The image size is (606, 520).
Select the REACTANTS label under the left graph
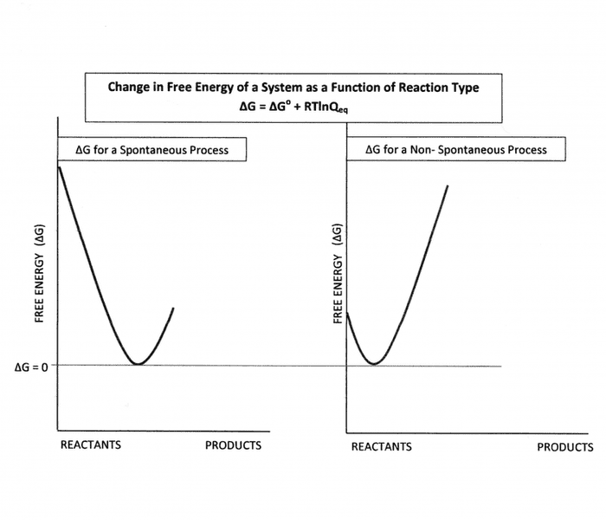tap(91, 445)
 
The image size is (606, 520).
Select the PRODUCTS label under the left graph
tap(233, 445)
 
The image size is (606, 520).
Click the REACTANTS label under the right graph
tap(382, 447)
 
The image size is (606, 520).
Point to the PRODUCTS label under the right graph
tap(565, 447)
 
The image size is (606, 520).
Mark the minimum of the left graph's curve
tap(137, 364)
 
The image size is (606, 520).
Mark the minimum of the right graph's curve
tap(373, 364)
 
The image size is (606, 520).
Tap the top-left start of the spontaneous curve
tap(58, 165)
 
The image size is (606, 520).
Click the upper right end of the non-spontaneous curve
tap(448, 185)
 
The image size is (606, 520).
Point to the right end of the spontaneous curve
tap(174, 308)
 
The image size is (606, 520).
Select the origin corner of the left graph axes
tap(58, 430)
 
